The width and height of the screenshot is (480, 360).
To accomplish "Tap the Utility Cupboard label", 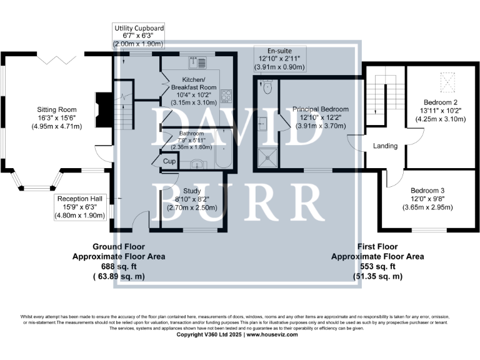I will (x=139, y=29).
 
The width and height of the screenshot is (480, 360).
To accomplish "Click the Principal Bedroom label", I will (x=321, y=109).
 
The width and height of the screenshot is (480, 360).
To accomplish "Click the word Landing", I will (x=385, y=146).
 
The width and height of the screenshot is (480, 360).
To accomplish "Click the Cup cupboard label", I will (x=168, y=161).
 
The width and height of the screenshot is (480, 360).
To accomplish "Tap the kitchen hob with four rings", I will (x=226, y=96).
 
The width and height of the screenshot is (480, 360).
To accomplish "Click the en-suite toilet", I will (x=267, y=87).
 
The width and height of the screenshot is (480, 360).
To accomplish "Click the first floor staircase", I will (x=377, y=100).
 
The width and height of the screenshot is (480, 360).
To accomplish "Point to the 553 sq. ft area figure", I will (x=377, y=266).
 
